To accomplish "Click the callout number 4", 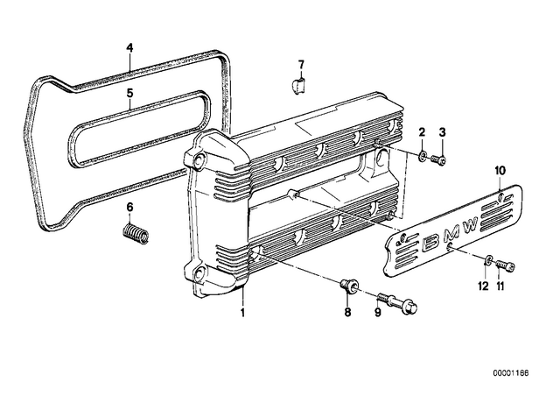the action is (x=130, y=47).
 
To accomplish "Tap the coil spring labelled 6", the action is (x=136, y=234).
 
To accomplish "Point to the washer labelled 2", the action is (x=423, y=156).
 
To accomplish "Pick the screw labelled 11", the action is (x=505, y=265).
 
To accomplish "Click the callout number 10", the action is (x=500, y=170).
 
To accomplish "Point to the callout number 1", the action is (x=243, y=313).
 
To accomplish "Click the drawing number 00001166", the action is (x=511, y=373).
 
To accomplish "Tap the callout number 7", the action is (x=301, y=65).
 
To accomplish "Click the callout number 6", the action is (x=129, y=207).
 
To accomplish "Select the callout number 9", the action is (x=378, y=313).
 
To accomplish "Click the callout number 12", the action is (x=483, y=286).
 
